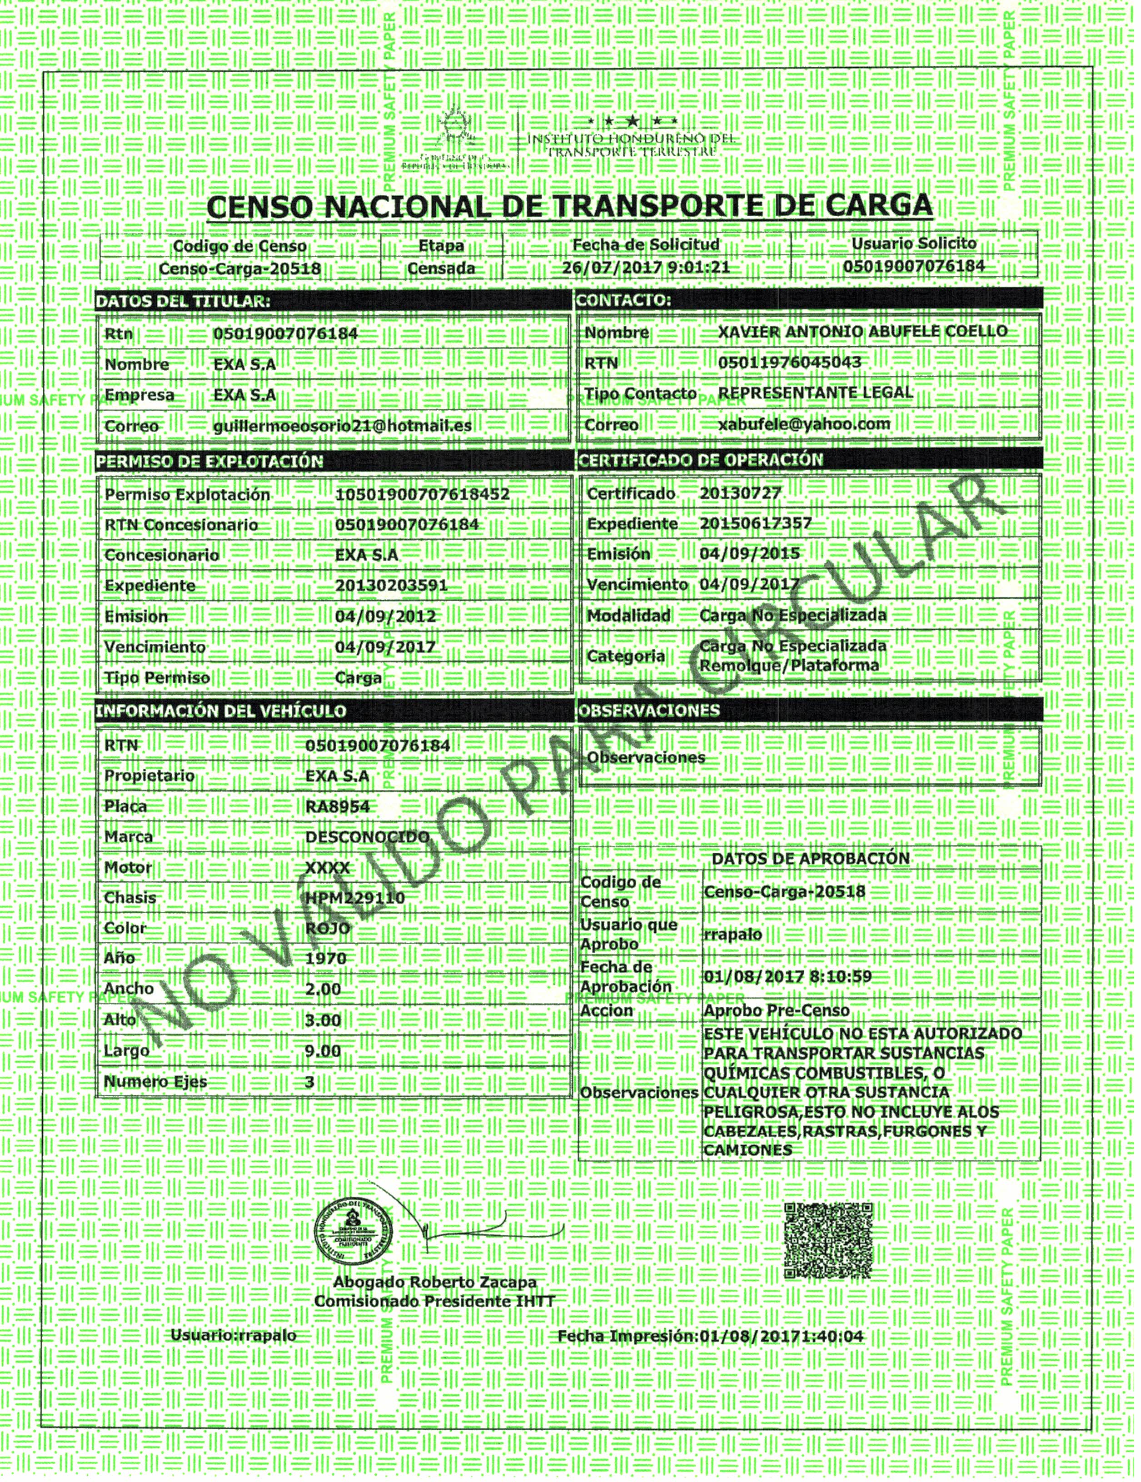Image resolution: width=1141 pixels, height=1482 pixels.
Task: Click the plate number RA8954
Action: point(337,806)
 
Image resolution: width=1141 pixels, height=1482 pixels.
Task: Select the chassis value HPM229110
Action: point(355,898)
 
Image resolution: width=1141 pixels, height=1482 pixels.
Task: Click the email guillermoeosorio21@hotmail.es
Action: point(342,426)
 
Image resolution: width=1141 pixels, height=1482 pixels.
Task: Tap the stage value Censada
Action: point(441,268)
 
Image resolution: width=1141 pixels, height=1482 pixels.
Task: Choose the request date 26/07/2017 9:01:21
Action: point(646,267)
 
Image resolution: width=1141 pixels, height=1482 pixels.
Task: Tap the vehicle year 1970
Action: point(326,959)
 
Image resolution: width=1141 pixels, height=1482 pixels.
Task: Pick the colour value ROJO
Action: point(328,928)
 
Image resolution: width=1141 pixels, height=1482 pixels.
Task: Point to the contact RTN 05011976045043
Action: point(789,363)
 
